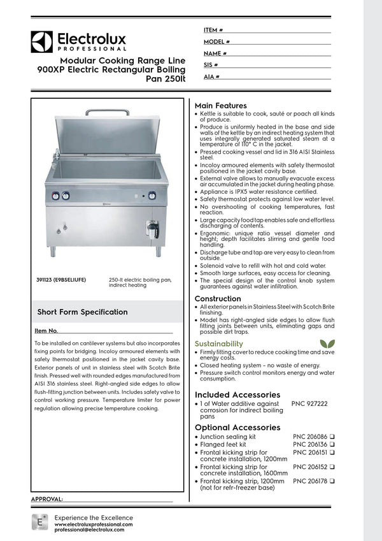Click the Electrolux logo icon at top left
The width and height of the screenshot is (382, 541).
tap(42, 41)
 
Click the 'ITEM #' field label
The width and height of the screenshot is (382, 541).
tap(213, 30)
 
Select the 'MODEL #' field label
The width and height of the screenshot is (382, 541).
tap(216, 41)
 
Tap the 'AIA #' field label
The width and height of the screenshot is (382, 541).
tap(212, 76)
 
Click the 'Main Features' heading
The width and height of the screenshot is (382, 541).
tap(220, 105)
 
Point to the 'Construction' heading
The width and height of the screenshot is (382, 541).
tap(218, 298)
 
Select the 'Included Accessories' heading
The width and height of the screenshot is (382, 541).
tap(237, 394)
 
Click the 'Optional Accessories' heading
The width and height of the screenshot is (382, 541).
tap(237, 427)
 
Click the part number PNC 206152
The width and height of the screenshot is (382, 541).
tap(310, 466)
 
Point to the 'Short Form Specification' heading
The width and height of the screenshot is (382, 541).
tap(82, 312)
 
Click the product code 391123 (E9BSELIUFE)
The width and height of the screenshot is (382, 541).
tap(62, 279)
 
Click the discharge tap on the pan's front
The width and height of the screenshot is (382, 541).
tap(152, 227)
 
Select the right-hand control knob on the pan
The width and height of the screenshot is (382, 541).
tap(152, 196)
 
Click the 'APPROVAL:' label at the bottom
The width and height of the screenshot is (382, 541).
tap(47, 498)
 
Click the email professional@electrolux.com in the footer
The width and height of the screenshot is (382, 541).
tap(89, 530)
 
